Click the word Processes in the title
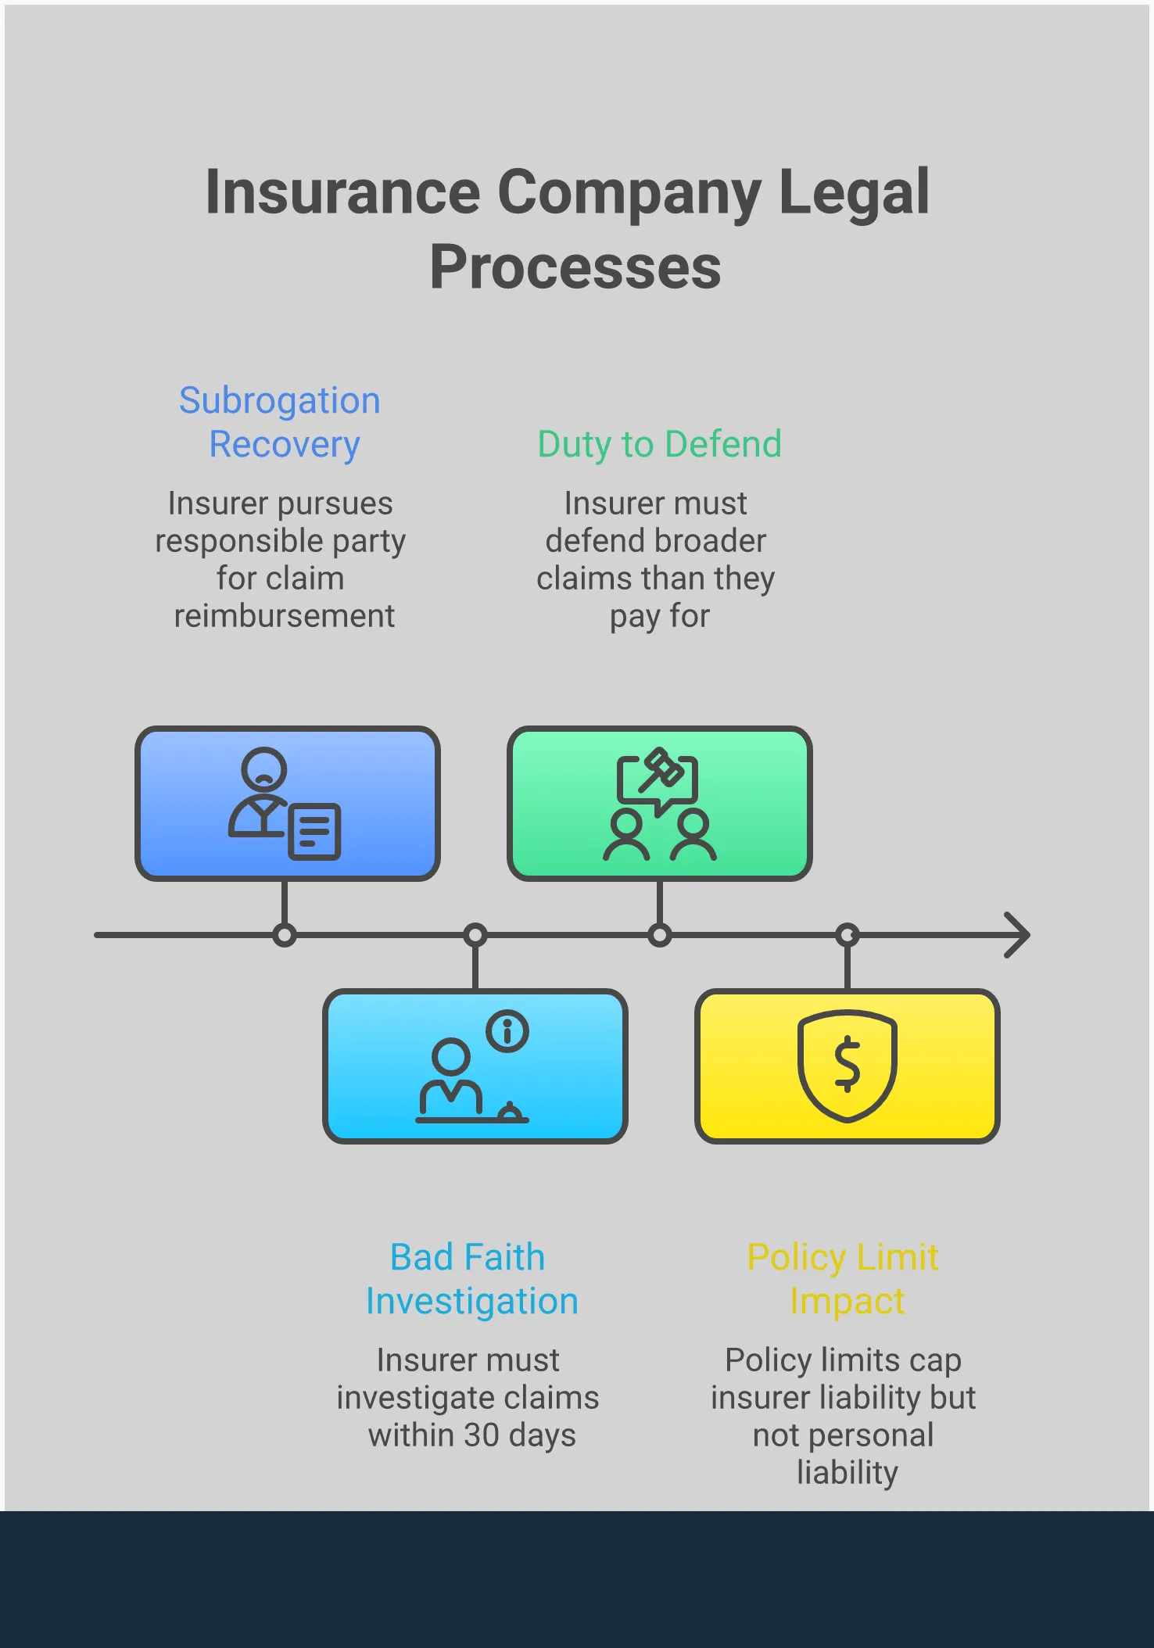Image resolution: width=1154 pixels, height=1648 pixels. click(575, 268)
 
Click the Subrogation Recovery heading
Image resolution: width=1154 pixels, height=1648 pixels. click(281, 422)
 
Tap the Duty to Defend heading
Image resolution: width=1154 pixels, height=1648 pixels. click(659, 444)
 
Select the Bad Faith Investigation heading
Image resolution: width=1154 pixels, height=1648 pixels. click(471, 1279)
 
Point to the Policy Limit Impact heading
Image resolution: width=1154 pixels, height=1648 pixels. click(844, 1279)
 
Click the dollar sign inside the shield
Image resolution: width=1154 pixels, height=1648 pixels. click(847, 1065)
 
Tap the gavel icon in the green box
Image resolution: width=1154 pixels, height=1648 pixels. click(661, 770)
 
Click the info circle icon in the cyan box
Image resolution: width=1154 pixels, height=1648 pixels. click(507, 1031)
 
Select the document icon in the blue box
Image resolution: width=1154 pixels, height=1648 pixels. click(314, 832)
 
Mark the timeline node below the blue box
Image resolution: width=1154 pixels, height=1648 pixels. click(285, 935)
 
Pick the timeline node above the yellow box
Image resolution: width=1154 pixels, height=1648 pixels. click(848, 935)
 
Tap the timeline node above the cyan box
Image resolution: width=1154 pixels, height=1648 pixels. click(475, 935)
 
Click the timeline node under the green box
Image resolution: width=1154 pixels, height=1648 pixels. click(660, 935)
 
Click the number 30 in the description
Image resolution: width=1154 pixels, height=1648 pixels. click(481, 1435)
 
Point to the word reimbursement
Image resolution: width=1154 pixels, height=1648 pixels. click(284, 616)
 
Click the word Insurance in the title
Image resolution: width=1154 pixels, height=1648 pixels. click(342, 193)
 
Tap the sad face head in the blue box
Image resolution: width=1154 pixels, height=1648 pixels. click(263, 769)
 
